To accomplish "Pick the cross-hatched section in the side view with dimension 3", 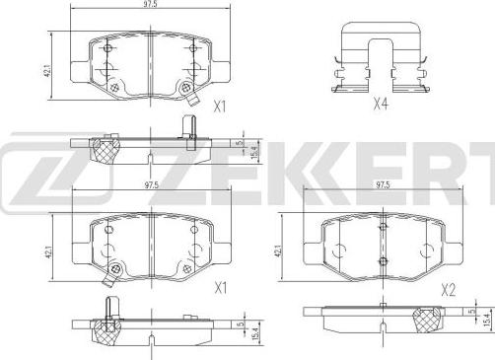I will [x=100, y=150].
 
